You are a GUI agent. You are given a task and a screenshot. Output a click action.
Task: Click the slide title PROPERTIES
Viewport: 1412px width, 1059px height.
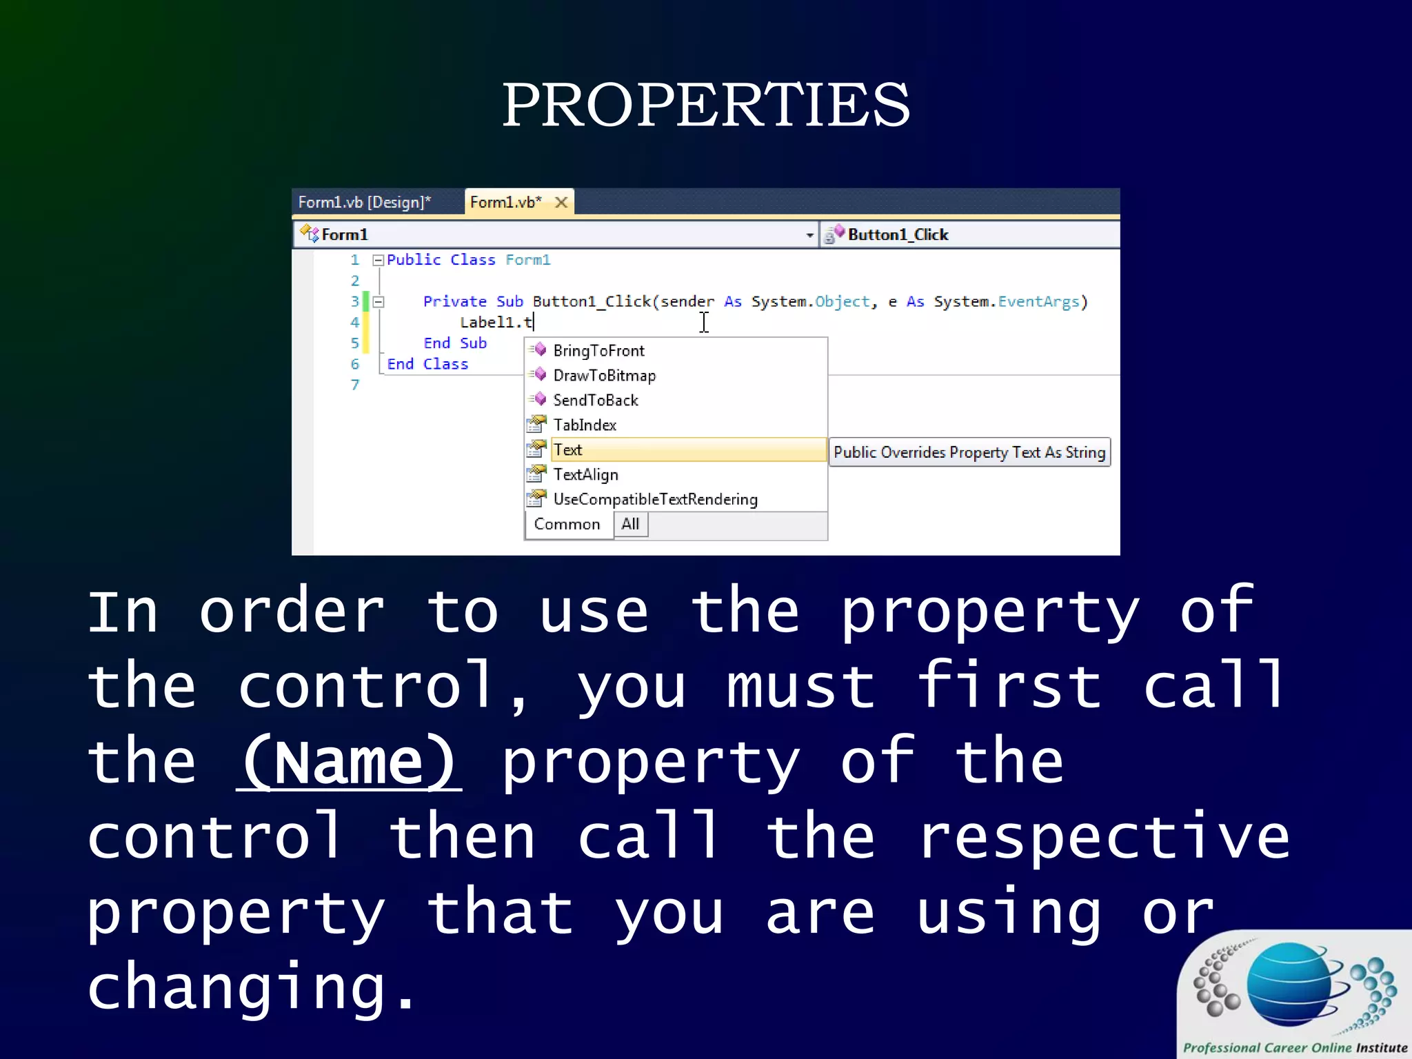click(x=705, y=105)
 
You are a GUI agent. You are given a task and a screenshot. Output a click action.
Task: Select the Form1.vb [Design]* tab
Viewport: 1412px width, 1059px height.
click(x=364, y=202)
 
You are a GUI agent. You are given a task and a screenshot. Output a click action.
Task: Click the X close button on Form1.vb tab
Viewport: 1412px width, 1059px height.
click(x=561, y=202)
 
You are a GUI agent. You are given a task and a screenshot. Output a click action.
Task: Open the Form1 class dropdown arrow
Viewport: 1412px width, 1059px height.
click(x=809, y=235)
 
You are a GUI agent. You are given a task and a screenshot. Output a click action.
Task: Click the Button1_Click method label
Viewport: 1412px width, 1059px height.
click(x=898, y=235)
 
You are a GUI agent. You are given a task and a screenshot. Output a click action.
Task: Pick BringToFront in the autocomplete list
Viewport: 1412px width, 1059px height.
click(x=598, y=351)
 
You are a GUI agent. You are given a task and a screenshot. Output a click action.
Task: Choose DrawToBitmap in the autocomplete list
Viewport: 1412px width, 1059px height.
click(x=604, y=376)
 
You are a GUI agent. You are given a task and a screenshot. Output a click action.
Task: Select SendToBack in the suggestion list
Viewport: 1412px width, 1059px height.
click(x=596, y=401)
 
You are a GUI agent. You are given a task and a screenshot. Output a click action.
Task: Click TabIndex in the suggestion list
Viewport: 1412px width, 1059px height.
click(x=585, y=425)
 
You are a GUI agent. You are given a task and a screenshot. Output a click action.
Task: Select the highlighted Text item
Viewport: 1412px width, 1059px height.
click(x=568, y=450)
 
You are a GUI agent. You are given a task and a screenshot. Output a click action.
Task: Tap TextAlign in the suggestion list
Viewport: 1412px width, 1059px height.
click(x=586, y=475)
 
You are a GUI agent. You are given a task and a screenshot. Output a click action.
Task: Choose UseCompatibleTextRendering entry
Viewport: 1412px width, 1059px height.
click(x=655, y=500)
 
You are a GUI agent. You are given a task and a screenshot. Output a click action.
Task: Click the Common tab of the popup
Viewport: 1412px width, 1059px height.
click(x=567, y=525)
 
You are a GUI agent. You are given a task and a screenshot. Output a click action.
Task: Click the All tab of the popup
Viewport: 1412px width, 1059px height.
click(x=630, y=525)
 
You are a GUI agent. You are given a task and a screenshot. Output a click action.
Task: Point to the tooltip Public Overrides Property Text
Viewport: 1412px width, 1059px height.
click(x=969, y=453)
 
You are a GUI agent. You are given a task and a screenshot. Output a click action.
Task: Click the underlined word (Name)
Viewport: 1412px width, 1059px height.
click(x=349, y=763)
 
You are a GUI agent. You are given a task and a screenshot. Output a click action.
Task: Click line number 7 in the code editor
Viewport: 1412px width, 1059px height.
click(x=355, y=385)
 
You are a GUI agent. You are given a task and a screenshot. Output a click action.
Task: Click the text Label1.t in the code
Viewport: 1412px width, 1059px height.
click(x=496, y=323)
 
